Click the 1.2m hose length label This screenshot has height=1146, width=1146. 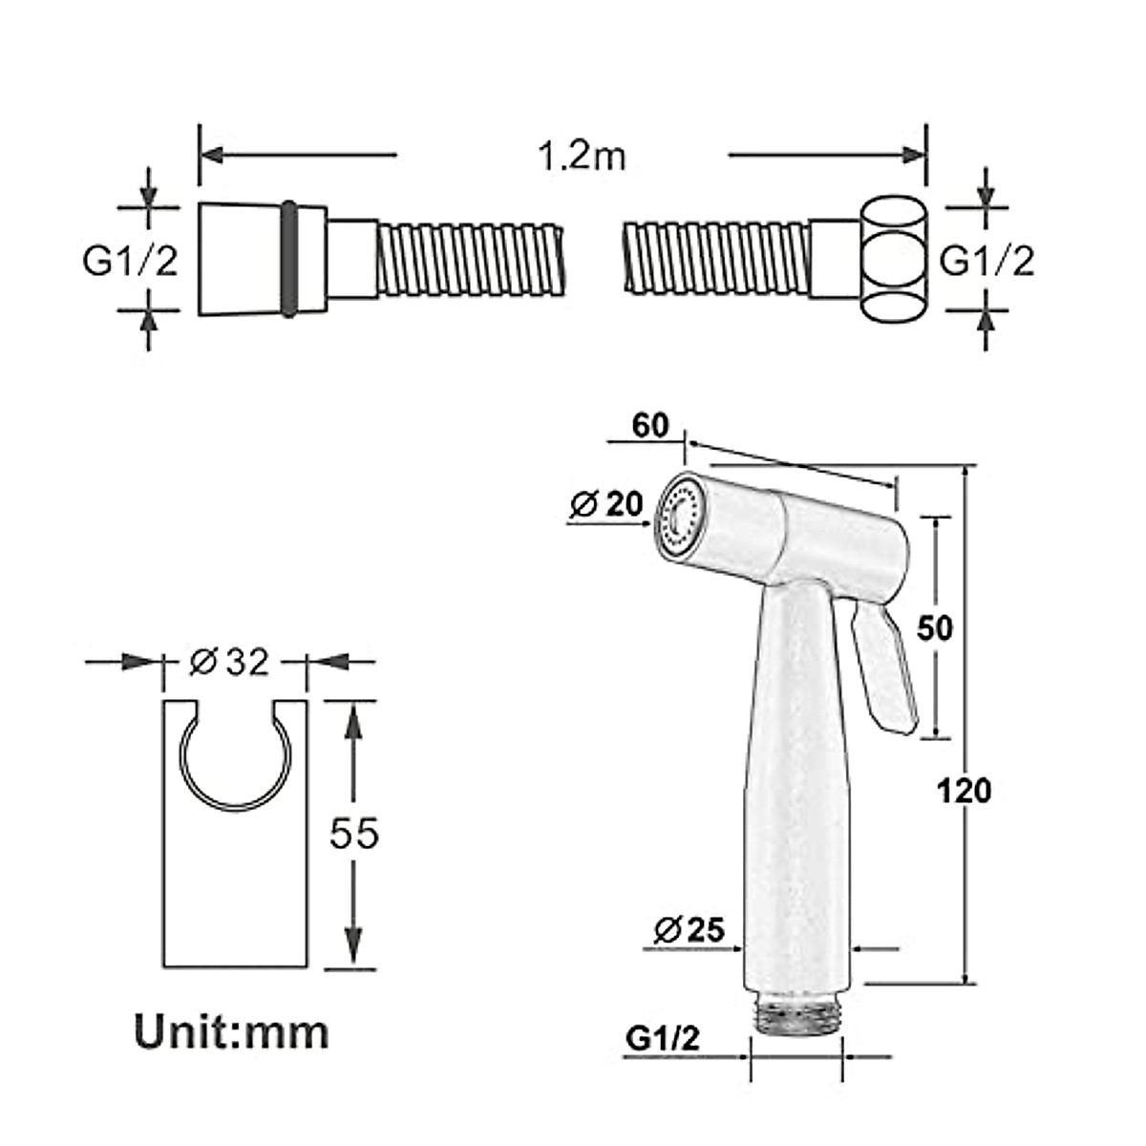(x=582, y=156)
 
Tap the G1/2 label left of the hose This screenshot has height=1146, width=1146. (x=130, y=260)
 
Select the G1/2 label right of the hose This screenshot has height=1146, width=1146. (x=987, y=260)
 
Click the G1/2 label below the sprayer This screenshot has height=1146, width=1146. (x=663, y=1038)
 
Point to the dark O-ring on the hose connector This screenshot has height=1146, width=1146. (x=287, y=258)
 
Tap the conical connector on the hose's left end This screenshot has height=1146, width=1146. (x=239, y=258)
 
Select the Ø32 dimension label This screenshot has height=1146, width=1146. (x=229, y=661)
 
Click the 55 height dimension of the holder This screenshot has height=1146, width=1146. (x=354, y=833)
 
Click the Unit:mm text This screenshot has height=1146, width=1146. (x=231, y=1032)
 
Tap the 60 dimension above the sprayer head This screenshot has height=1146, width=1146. (x=650, y=425)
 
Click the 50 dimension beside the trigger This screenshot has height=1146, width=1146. (x=935, y=627)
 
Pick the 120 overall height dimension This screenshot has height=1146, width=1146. (x=964, y=790)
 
